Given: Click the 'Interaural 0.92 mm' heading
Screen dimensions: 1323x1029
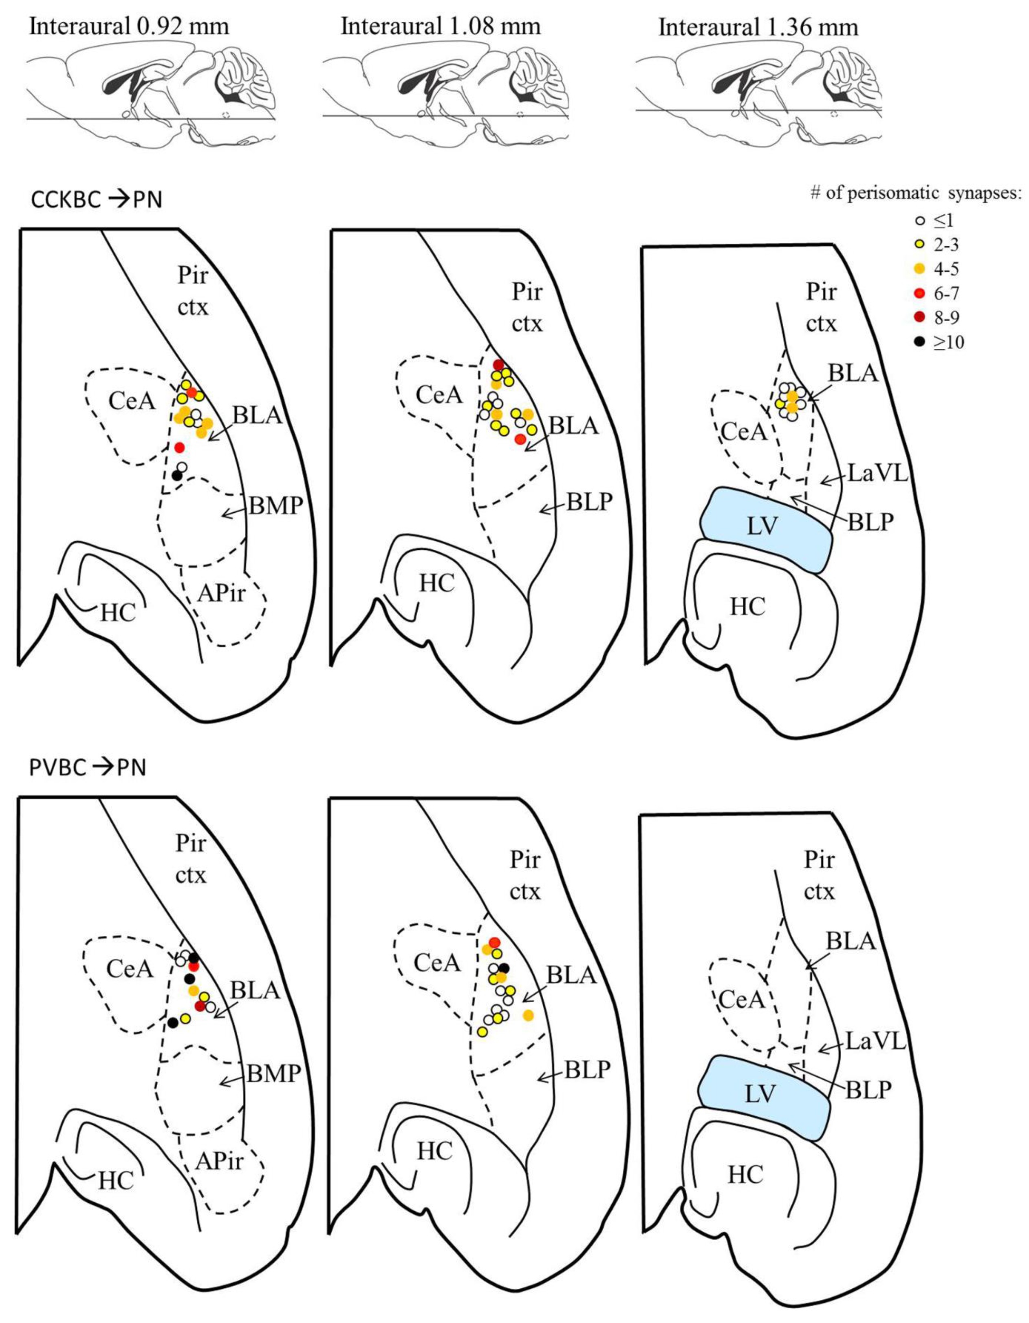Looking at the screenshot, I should tap(130, 27).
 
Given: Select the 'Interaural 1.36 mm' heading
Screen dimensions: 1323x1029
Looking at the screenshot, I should tap(758, 27).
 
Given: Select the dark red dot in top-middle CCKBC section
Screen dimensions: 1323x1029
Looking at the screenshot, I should tap(498, 365).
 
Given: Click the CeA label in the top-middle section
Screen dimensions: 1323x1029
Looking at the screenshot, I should tap(439, 395).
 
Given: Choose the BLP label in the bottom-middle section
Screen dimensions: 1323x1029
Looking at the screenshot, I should tap(588, 1070).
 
